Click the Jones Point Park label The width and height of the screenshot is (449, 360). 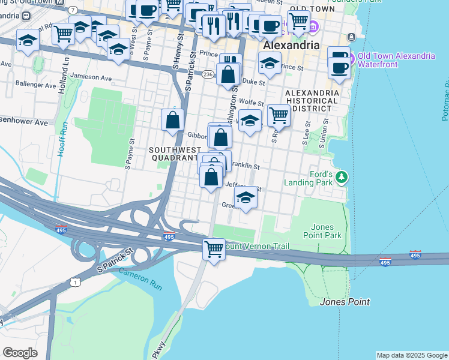pyautogui.click(x=327, y=231)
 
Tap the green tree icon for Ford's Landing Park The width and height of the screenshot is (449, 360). pyautogui.click(x=342, y=177)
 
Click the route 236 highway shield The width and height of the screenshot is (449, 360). pyautogui.click(x=208, y=74)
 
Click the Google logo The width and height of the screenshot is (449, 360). pyautogui.click(x=20, y=353)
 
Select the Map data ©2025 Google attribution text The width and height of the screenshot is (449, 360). pyautogui.click(x=412, y=355)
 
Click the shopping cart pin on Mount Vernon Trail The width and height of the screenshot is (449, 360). pyautogui.click(x=214, y=248)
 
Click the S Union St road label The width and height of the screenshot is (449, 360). pyautogui.click(x=324, y=130)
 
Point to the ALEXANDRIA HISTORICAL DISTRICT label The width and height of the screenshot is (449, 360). pyautogui.click(x=312, y=101)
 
